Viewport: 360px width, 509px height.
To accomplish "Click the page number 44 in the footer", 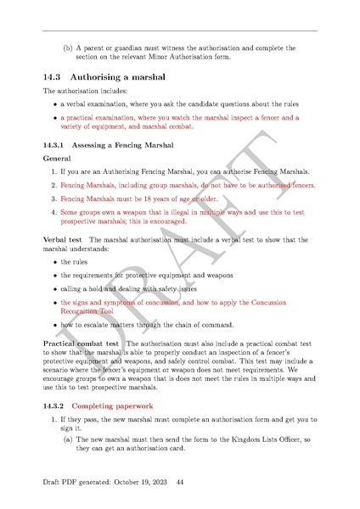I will (x=180, y=483).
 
